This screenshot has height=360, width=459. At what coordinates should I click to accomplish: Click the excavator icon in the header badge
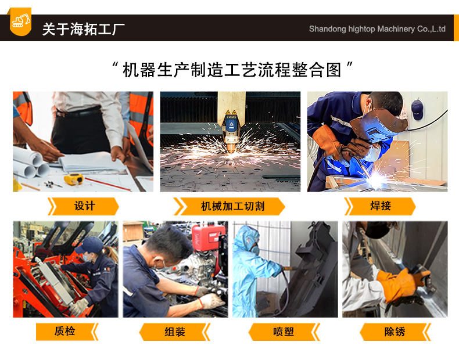20,21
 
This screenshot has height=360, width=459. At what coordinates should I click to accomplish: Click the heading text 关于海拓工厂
84,29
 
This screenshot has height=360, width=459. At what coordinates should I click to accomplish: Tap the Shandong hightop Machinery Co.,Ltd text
377,29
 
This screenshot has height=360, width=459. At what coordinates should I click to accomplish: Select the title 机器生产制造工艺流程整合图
232,70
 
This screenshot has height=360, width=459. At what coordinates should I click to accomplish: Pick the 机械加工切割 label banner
229,206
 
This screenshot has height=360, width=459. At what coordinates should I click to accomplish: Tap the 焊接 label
380,206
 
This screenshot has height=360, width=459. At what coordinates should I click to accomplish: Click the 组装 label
175,332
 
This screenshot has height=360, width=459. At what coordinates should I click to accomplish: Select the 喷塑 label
284,332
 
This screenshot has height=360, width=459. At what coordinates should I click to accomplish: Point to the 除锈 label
395,332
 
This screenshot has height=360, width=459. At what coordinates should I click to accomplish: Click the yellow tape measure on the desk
74,179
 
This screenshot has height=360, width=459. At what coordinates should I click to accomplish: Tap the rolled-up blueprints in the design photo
31,163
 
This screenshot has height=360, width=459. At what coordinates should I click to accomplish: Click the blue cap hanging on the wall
417,109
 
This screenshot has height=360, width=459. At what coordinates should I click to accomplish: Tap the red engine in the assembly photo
209,238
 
